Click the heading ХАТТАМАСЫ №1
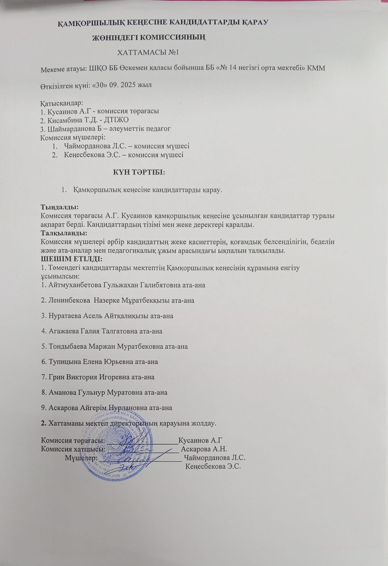coord(148,52)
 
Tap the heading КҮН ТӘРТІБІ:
coord(139,172)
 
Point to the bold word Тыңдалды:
coord(60,207)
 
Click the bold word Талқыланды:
coord(64,233)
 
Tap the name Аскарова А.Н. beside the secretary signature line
coord(204,449)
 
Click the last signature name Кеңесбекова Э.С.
coord(213,467)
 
